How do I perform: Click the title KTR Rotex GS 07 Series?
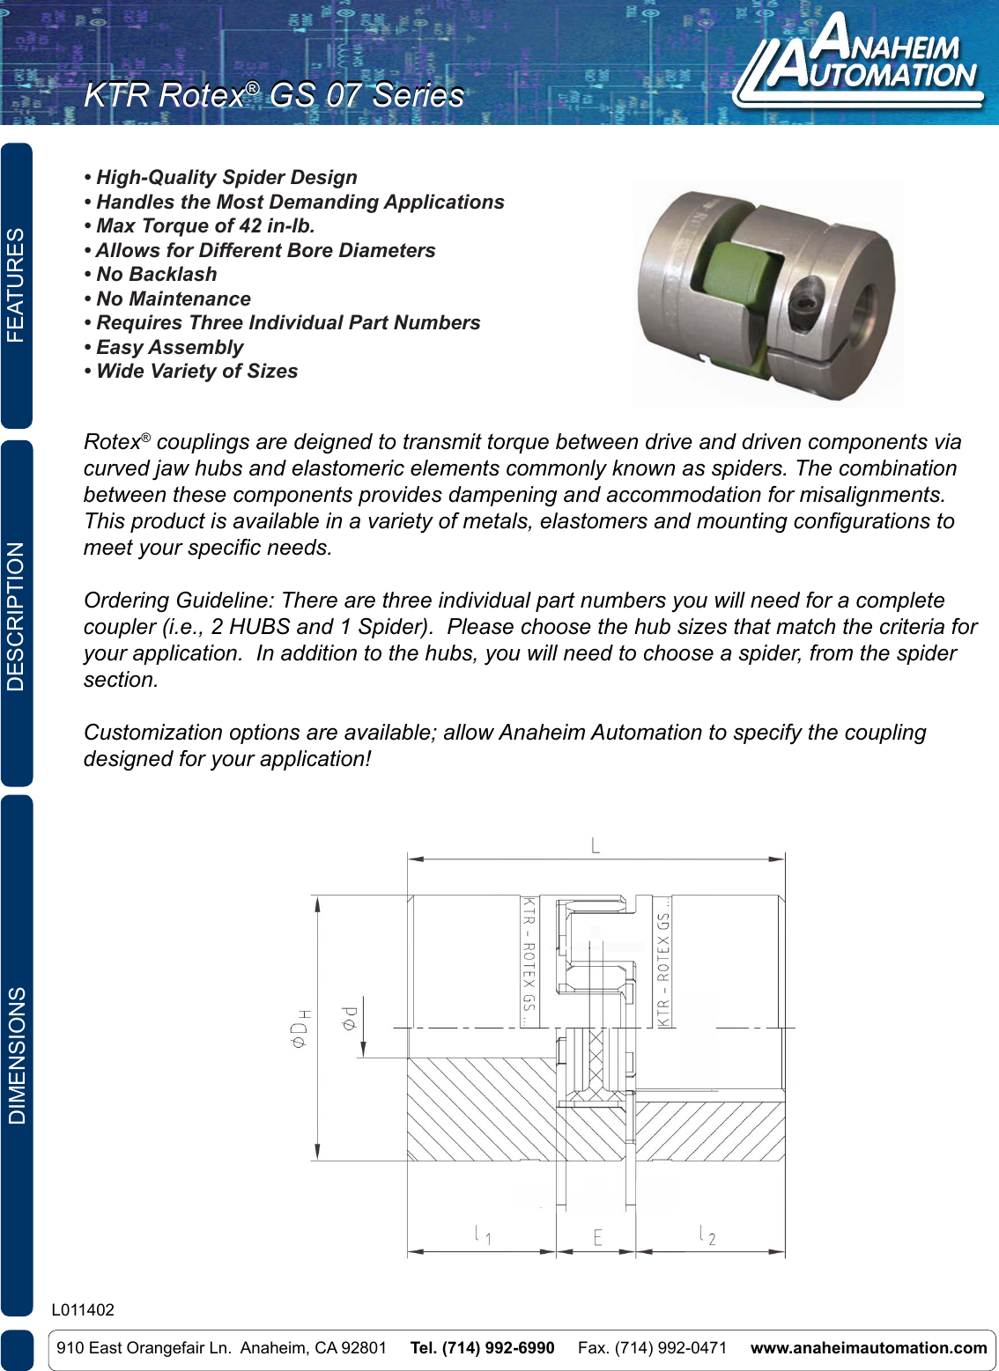274,95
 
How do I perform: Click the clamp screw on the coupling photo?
809,307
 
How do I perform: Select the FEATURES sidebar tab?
17,285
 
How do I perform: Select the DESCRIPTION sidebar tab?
17,615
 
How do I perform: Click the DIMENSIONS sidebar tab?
17,1055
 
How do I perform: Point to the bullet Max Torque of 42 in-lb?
204,226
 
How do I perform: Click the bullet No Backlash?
156,275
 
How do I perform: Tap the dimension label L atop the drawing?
596,846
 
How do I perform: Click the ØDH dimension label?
300,1028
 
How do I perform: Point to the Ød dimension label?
350,1018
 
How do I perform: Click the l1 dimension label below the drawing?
483,1235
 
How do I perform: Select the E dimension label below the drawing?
597,1238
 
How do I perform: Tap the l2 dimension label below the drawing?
707,1235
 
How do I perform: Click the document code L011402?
83,1310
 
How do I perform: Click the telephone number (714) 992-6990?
482,1348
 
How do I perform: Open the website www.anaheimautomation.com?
868,1348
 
